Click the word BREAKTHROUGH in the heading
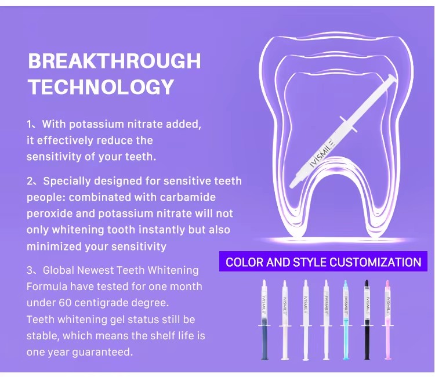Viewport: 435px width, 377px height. [x=114, y=61]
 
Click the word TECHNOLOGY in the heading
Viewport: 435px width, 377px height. [x=101, y=86]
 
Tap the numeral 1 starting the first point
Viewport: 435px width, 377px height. [x=30, y=124]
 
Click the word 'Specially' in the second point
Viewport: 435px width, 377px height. [x=68, y=182]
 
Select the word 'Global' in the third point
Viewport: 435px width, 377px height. [x=58, y=270]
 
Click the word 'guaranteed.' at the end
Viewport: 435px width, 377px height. [x=103, y=352]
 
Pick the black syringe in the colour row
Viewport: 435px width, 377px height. [x=367, y=320]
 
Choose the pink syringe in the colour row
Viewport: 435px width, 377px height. [x=387, y=320]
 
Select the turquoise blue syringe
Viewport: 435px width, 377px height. [x=346, y=320]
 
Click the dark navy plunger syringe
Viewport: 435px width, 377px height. [x=264, y=320]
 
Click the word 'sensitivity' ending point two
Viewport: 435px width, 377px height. [x=139, y=246]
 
